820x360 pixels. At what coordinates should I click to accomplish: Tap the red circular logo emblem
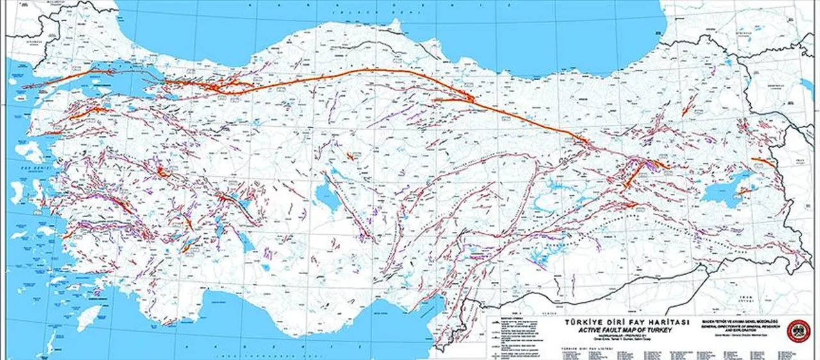point(798,331)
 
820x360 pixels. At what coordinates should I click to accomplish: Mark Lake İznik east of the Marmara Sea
point(170,97)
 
